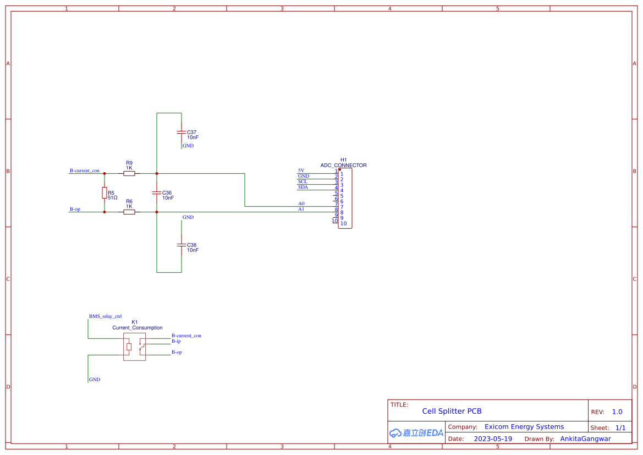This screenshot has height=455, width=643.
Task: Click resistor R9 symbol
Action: tap(129, 173)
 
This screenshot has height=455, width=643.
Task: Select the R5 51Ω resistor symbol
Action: tap(104, 193)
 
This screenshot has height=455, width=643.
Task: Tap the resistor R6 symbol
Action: tap(129, 212)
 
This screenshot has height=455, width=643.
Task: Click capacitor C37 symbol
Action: tap(181, 133)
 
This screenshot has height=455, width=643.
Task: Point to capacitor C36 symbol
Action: tap(157, 193)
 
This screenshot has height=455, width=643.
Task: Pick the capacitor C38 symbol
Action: tap(181, 245)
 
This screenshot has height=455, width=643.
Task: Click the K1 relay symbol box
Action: tap(135, 347)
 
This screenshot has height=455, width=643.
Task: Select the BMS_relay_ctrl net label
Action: tap(105, 317)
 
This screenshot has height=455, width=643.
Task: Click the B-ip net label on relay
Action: tap(176, 341)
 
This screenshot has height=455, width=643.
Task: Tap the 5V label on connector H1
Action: tap(301, 171)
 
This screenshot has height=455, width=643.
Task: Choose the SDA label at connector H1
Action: tap(303, 187)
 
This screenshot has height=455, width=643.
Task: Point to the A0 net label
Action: tap(301, 204)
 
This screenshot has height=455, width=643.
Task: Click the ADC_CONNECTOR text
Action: tap(343, 165)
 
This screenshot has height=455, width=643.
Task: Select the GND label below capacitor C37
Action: tap(188, 146)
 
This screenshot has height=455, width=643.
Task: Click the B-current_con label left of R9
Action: tap(84, 171)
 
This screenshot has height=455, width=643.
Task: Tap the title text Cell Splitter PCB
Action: tap(452, 411)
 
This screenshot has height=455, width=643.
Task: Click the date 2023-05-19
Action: tap(493, 439)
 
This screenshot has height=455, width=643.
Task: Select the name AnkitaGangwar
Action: tap(585, 439)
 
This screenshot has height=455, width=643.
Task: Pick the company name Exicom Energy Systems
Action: tap(524, 427)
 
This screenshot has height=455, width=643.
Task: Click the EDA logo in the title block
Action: tap(416, 433)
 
